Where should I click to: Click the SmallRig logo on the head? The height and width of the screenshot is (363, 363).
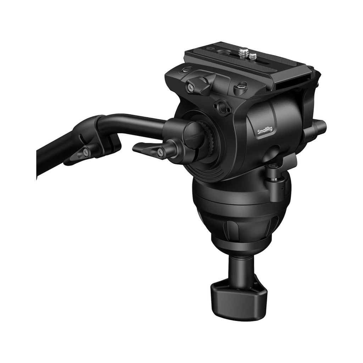point(265,132)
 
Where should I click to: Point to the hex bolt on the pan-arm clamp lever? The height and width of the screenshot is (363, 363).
point(160,152)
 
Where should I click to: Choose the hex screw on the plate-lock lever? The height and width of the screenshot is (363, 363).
point(190,87)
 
